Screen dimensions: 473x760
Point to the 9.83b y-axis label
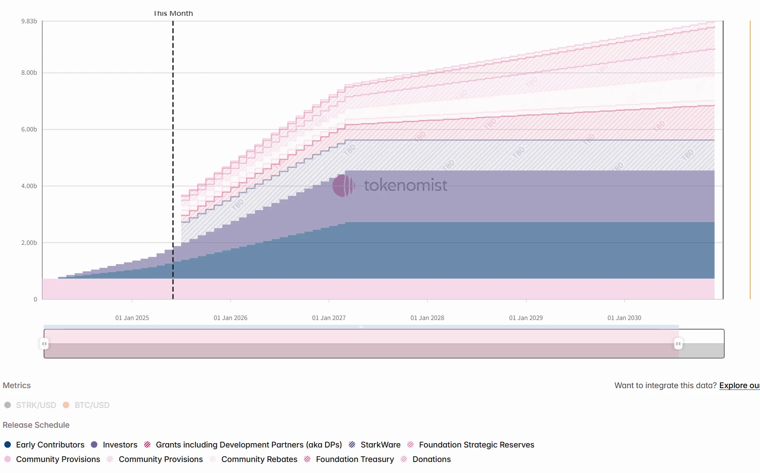point(29,21)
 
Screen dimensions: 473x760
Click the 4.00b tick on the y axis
point(29,186)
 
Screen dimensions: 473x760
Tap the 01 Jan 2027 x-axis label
point(329,318)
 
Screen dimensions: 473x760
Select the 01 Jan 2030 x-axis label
point(624,318)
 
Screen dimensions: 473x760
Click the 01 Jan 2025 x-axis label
point(132,318)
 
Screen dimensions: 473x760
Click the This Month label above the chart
point(173,14)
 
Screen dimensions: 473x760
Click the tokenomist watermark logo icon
point(343,186)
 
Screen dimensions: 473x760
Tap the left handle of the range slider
point(44,344)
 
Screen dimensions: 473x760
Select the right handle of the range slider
point(678,344)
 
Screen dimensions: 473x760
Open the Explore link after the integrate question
point(739,386)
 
